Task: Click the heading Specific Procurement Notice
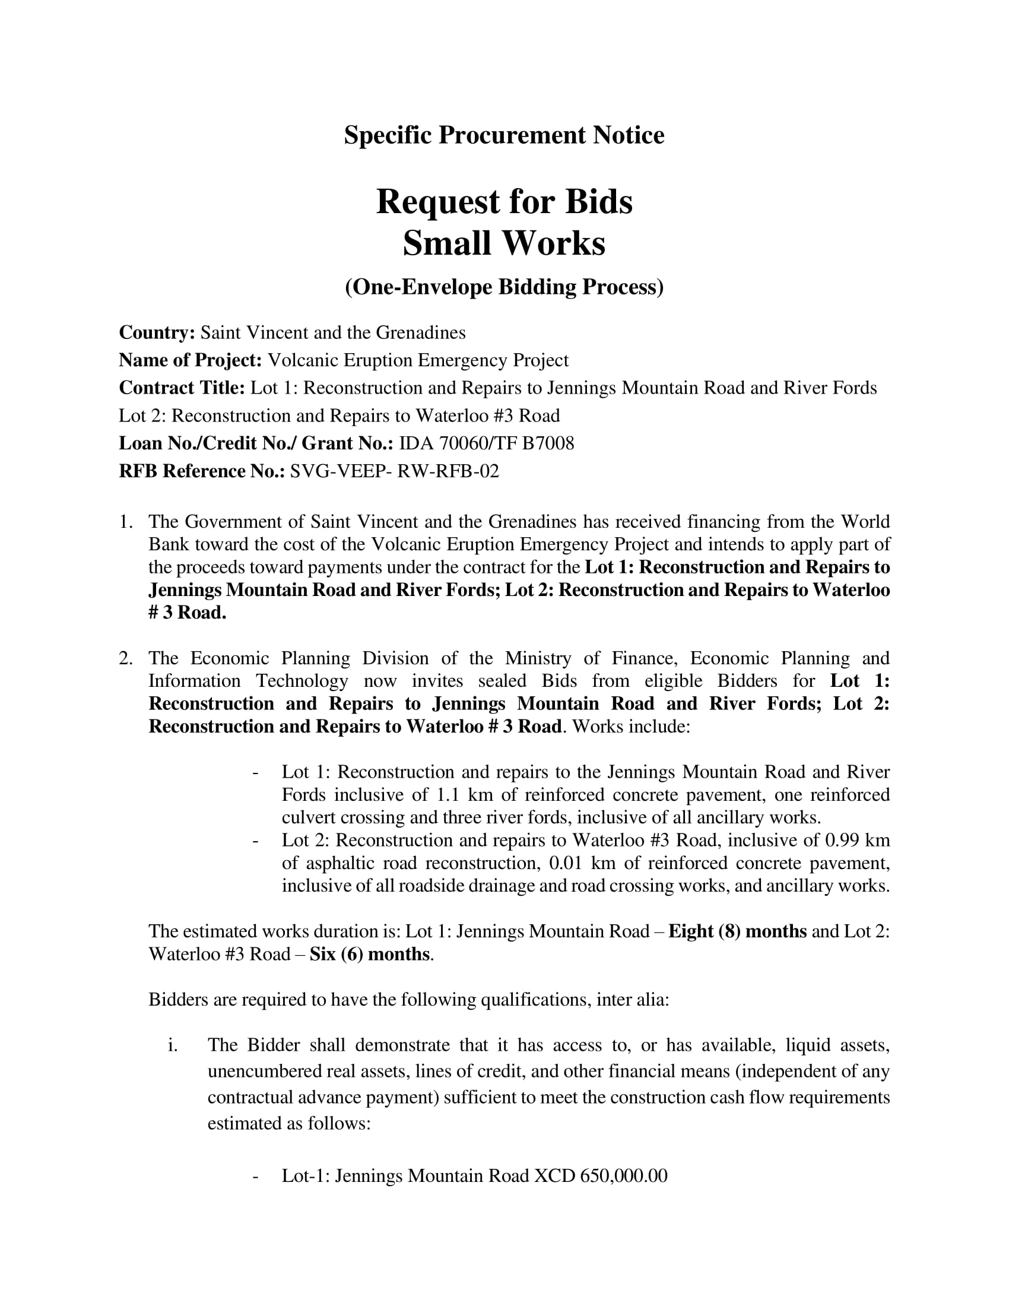504,135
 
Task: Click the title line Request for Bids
504,201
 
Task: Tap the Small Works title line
504,243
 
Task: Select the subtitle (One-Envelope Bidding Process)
504,287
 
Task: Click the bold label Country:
157,332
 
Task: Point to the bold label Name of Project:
190,360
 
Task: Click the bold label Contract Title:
182,388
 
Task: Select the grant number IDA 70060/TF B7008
487,443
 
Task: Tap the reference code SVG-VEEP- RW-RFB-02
394,471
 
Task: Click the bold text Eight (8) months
738,931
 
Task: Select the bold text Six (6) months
369,954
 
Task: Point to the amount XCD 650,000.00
600,1175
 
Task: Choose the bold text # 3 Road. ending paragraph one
187,613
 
